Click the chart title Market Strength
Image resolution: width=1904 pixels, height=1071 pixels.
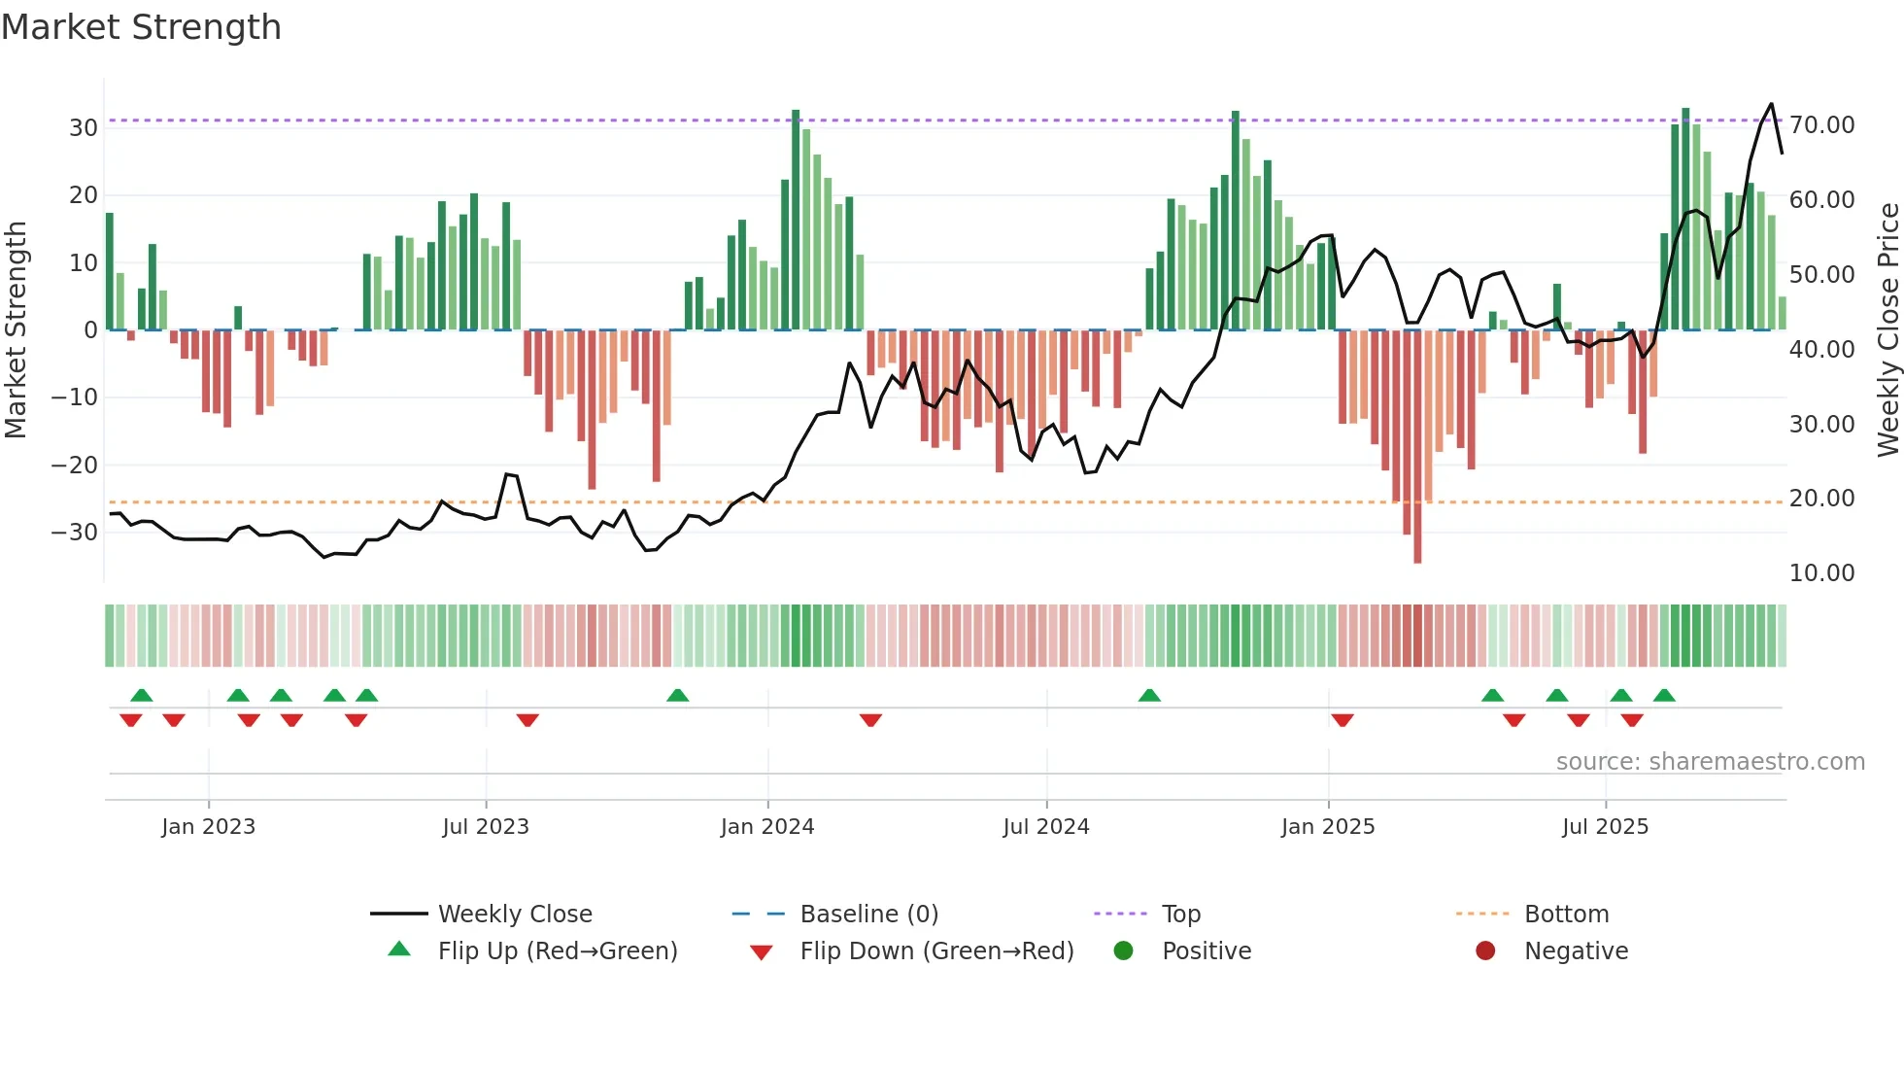pyautogui.click(x=141, y=27)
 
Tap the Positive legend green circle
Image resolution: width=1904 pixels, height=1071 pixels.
pyautogui.click(x=1124, y=950)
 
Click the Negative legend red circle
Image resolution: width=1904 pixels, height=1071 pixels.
pyautogui.click(x=1485, y=950)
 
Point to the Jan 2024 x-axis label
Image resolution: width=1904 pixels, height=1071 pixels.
pyautogui.click(x=767, y=827)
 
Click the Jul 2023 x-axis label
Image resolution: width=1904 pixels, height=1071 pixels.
pyautogui.click(x=486, y=827)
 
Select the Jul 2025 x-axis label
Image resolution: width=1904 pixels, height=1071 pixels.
pyautogui.click(x=1605, y=827)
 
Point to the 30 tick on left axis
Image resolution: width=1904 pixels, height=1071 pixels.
pyautogui.click(x=83, y=128)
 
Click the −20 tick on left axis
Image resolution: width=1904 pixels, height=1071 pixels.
pyautogui.click(x=75, y=466)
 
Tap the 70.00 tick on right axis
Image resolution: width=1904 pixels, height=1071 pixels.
pyautogui.click(x=1821, y=125)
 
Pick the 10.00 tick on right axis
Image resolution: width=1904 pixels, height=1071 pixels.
pyautogui.click(x=1821, y=573)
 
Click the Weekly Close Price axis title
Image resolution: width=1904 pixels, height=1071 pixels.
pyautogui.click(x=1887, y=330)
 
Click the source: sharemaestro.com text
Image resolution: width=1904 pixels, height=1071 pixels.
pyautogui.click(x=1710, y=762)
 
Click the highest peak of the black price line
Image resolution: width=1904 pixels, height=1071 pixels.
pyautogui.click(x=1771, y=104)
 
